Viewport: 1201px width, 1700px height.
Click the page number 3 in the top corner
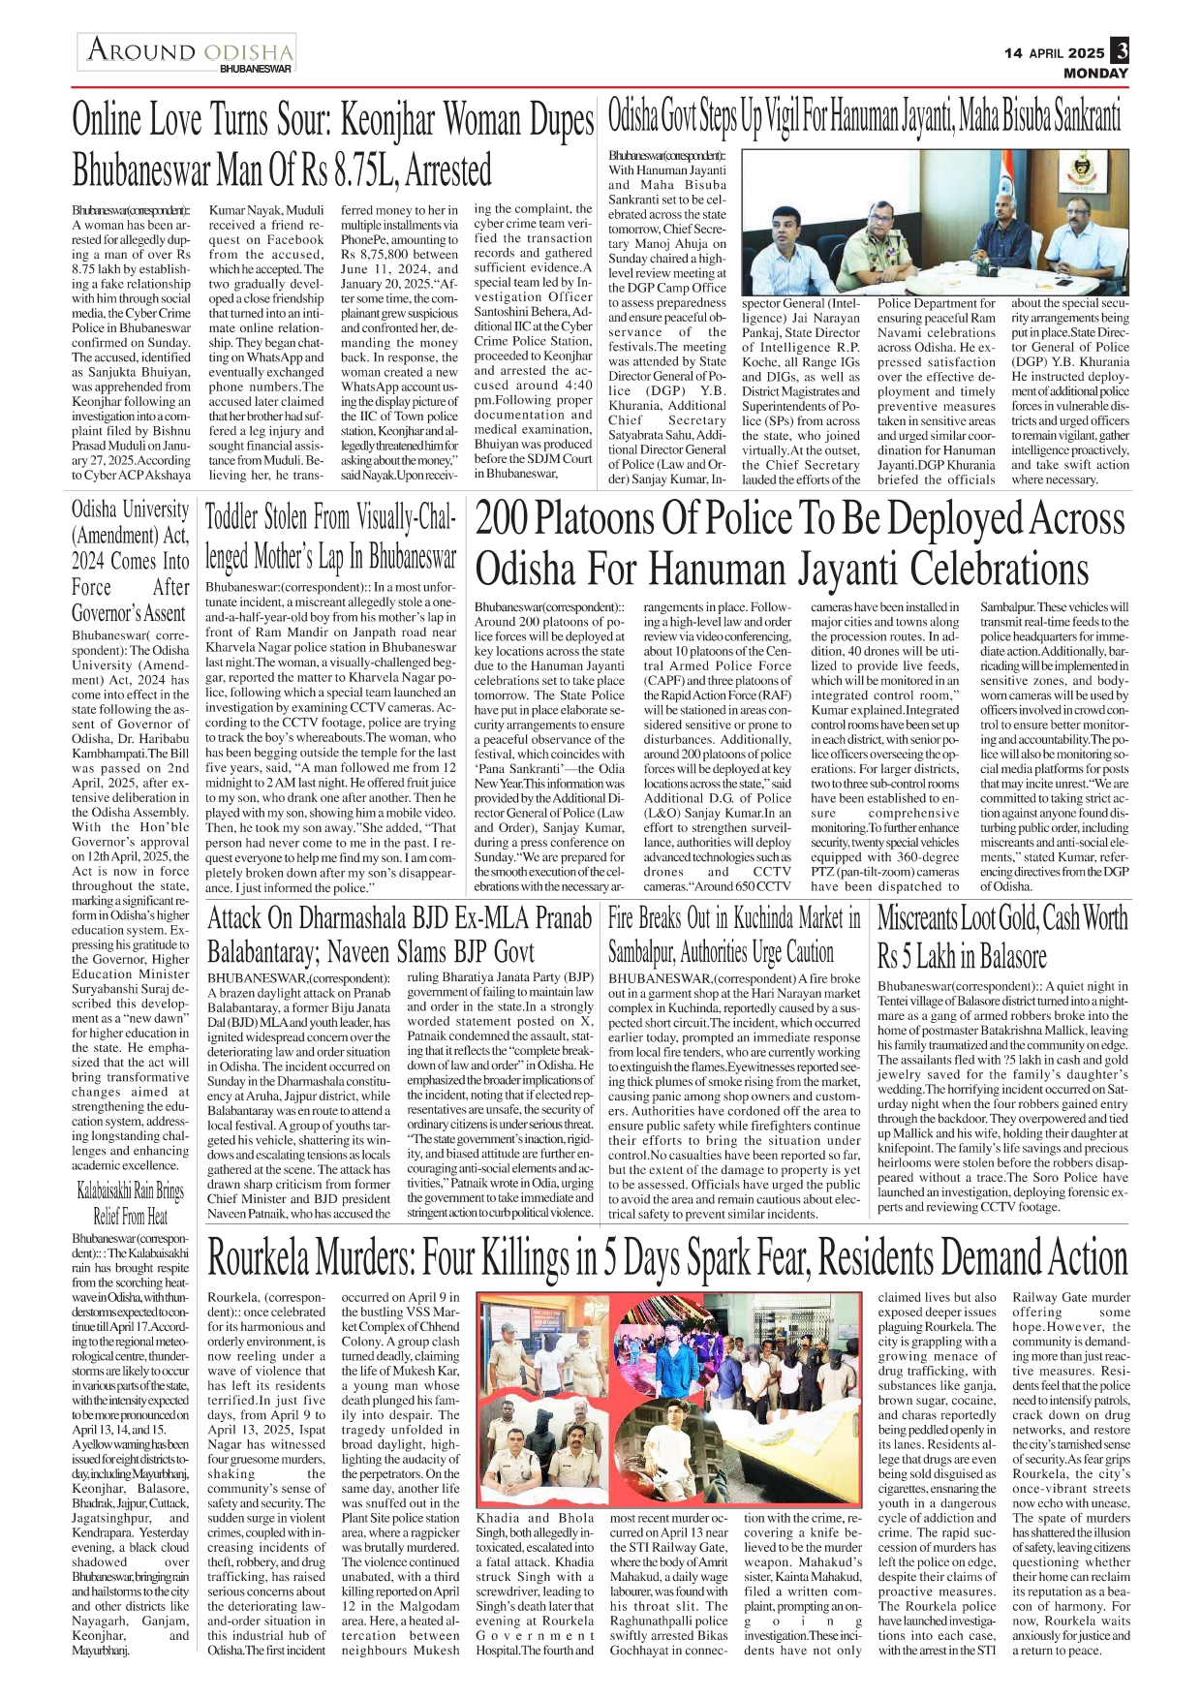pos(1120,50)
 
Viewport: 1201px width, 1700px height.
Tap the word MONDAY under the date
pos(1095,74)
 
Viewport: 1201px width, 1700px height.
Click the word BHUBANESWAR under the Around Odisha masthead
pos(255,69)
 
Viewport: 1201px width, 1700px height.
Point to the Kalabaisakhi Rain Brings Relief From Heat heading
pos(130,1203)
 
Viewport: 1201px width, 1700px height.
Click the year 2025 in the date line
pos(1087,53)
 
